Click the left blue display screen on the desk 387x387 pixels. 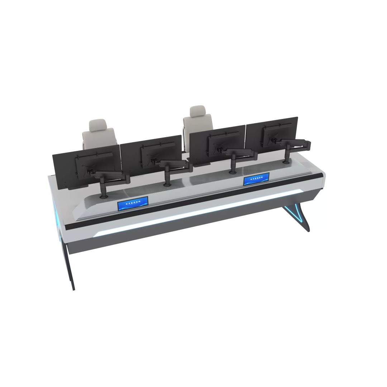pos(133,205)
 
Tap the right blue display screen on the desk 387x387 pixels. pos(256,179)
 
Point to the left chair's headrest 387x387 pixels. pos(98,125)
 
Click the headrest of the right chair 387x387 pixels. pos(197,111)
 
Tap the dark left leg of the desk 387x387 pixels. pos(71,267)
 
